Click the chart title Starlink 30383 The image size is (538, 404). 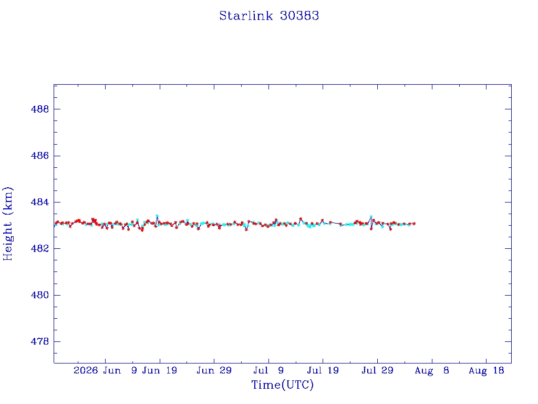[x=269, y=16]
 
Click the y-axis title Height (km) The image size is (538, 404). [x=7, y=224]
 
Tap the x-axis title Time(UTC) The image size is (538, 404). [x=282, y=385]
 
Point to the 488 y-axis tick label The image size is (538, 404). [x=40, y=109]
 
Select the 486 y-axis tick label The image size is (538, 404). [x=40, y=156]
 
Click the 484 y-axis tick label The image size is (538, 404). [x=40, y=202]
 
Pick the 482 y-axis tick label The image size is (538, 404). [x=40, y=248]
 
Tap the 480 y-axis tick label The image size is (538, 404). [x=40, y=295]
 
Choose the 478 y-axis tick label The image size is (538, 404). [x=40, y=341]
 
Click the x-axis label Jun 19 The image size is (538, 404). [x=160, y=370]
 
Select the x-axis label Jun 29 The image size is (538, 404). [x=214, y=370]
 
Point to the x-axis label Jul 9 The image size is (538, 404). [x=268, y=370]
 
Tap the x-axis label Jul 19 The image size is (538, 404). [x=323, y=370]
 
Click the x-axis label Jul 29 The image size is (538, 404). [x=377, y=370]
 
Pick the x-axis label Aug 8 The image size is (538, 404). [x=432, y=371]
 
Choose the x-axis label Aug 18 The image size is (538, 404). [x=486, y=371]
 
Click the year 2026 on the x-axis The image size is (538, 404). [x=86, y=370]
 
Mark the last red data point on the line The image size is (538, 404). [x=415, y=224]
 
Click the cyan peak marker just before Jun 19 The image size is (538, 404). [x=157, y=216]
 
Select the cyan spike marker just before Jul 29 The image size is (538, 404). [x=371, y=217]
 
